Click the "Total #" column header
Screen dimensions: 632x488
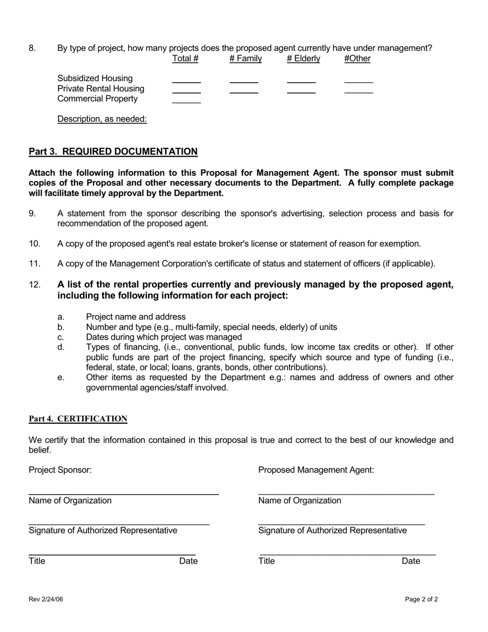[x=185, y=59]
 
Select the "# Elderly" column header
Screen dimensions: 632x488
[x=303, y=59]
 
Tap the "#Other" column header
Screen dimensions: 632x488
[x=357, y=59]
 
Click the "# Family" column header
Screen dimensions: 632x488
[x=246, y=59]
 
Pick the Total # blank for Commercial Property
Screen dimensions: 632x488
[x=186, y=102]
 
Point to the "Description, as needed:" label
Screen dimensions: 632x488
[x=102, y=119]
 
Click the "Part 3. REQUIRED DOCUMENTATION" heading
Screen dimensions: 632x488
[x=113, y=152]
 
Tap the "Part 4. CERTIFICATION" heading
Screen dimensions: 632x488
[x=78, y=419]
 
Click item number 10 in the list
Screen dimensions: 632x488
[x=34, y=244]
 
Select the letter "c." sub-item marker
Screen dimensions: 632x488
[x=61, y=337]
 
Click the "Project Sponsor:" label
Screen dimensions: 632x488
[x=60, y=470]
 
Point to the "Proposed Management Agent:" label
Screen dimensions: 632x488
[x=316, y=470]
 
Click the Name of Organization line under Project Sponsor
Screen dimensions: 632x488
[x=124, y=493]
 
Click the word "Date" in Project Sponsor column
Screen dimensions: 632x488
[x=188, y=561]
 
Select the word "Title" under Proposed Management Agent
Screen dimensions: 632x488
[x=267, y=561]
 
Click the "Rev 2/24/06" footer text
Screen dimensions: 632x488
[x=46, y=599]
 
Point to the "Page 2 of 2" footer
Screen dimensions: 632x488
[x=421, y=599]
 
